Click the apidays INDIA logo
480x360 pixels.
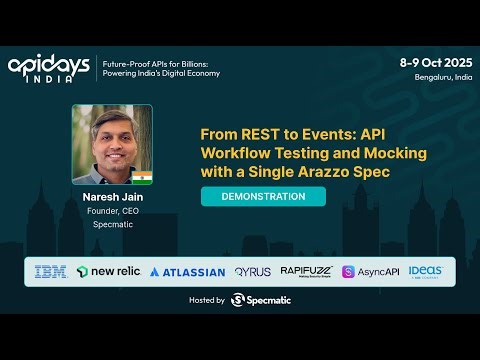pyautogui.click(x=51, y=68)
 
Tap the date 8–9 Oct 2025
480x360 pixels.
pyautogui.click(x=435, y=61)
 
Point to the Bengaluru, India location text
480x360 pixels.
pyautogui.click(x=441, y=76)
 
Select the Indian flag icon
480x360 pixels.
pyautogui.click(x=141, y=177)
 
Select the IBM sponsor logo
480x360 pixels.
pyautogui.click(x=51, y=271)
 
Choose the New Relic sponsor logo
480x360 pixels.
pyautogui.click(x=109, y=271)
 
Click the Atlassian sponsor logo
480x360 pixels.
pyautogui.click(x=187, y=271)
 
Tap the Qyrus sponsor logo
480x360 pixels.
pyautogui.click(x=252, y=271)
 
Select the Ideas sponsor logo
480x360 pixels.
pyautogui.click(x=425, y=271)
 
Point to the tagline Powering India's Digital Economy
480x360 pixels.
pyautogui.click(x=160, y=73)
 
